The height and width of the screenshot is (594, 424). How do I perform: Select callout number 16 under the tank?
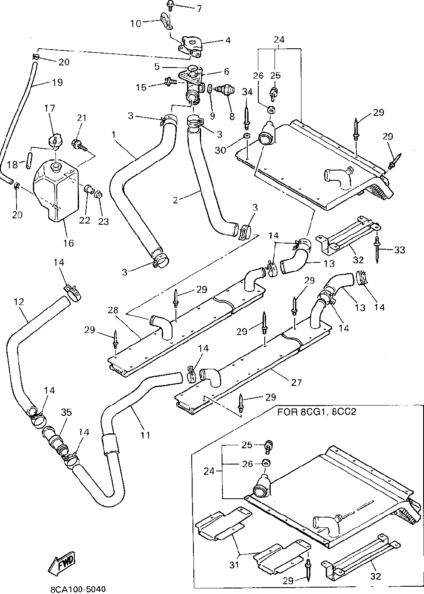68,243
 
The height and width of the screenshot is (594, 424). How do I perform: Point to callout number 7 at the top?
199,9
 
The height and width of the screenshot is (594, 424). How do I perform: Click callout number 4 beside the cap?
228,40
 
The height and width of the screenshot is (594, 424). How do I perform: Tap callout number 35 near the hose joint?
67,412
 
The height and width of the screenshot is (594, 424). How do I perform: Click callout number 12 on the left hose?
18,302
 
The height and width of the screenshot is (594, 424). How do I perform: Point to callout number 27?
296,382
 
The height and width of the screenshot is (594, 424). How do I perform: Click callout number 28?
113,310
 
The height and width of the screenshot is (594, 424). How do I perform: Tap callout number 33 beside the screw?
400,250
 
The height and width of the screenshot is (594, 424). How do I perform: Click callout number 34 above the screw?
247,92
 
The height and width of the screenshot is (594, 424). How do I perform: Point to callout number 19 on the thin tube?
57,82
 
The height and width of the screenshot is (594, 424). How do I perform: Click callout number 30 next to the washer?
220,150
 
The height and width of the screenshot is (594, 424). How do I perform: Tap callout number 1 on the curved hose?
114,135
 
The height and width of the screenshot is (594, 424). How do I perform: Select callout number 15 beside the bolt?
141,87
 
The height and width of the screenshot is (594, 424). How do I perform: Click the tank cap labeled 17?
55,140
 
